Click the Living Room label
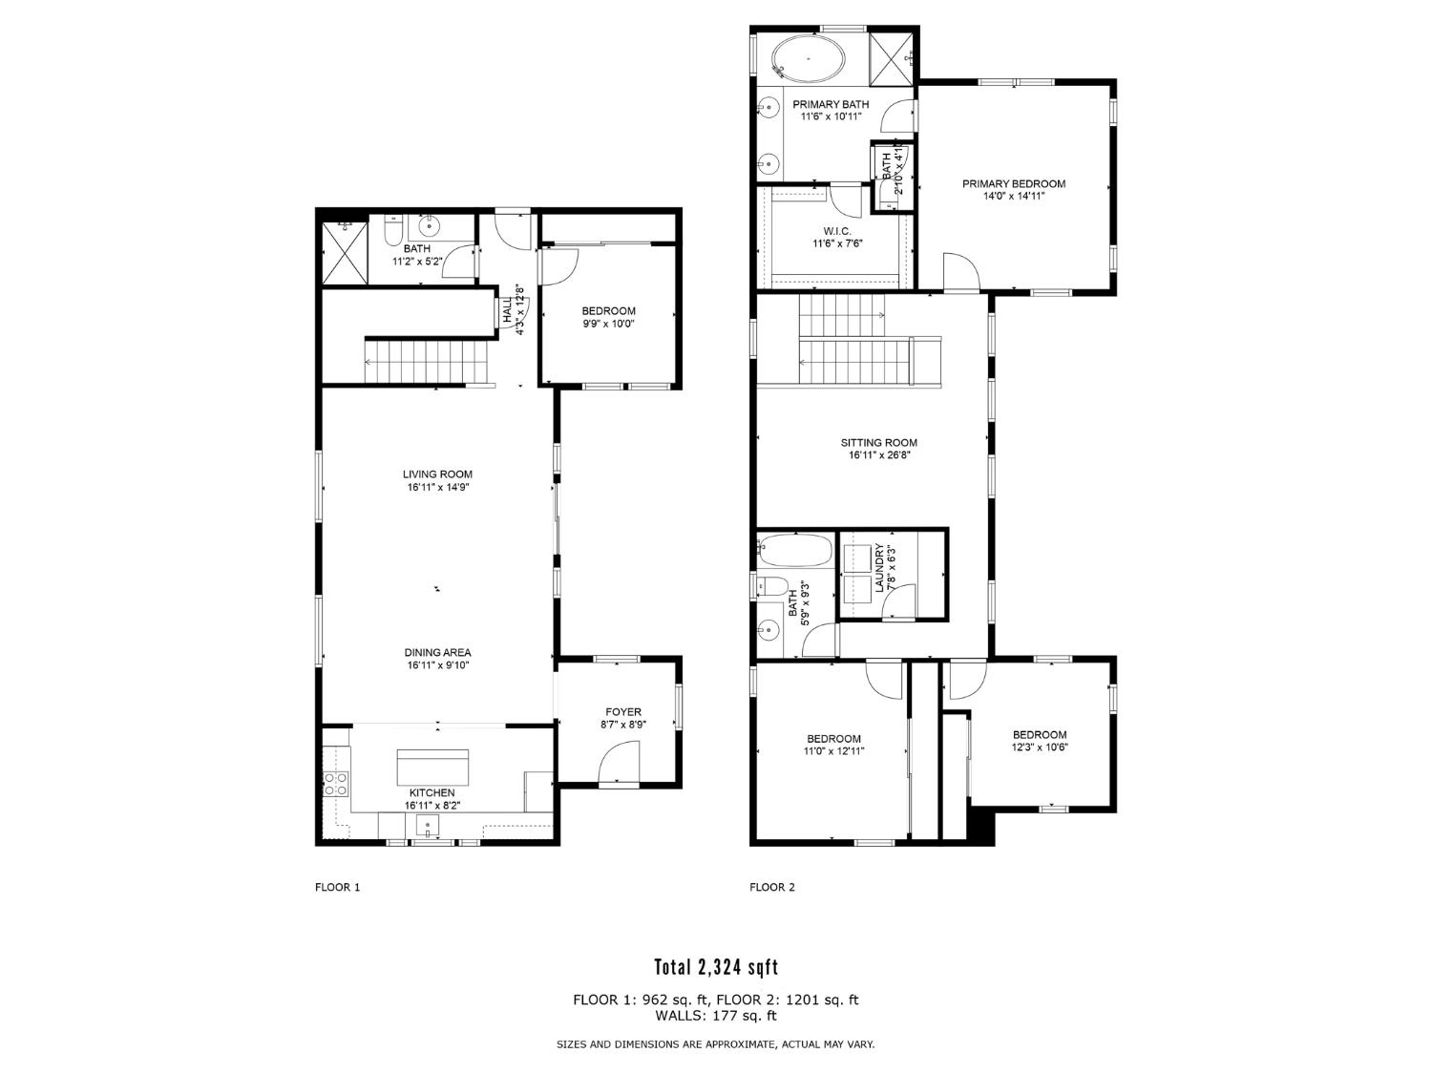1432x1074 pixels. [x=437, y=474]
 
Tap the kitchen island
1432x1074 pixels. [x=432, y=767]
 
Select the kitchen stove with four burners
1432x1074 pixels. [x=336, y=784]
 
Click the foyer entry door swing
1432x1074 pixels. [x=616, y=763]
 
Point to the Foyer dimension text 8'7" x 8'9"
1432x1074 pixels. [x=623, y=725]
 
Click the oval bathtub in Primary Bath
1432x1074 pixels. [x=808, y=58]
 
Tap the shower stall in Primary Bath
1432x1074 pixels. [x=893, y=58]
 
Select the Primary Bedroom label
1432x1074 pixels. [x=1013, y=184]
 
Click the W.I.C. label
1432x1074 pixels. [x=831, y=231]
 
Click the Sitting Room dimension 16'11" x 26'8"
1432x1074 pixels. [x=878, y=455]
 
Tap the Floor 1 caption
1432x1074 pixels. [x=337, y=887]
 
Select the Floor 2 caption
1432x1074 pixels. [x=771, y=887]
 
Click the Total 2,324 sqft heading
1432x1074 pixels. [x=716, y=967]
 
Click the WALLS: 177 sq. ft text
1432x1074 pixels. [x=716, y=1016]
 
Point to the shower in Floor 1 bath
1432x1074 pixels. [x=344, y=252]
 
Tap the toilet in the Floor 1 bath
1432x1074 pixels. [x=392, y=232]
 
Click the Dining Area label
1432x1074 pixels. [x=437, y=653]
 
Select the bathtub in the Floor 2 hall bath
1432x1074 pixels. [x=794, y=550]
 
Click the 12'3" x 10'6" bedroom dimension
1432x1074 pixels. [x=1040, y=748]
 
